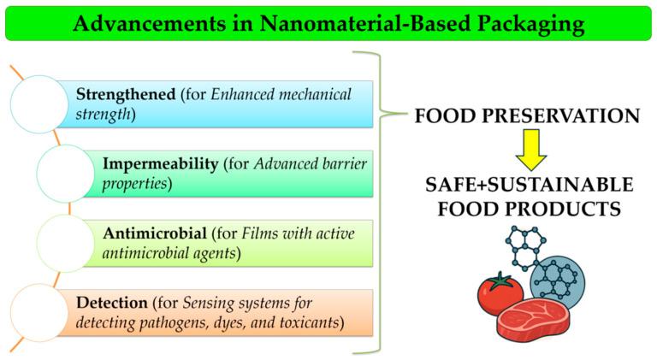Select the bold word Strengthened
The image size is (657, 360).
pos(125,94)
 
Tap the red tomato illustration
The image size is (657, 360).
pos(500,294)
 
